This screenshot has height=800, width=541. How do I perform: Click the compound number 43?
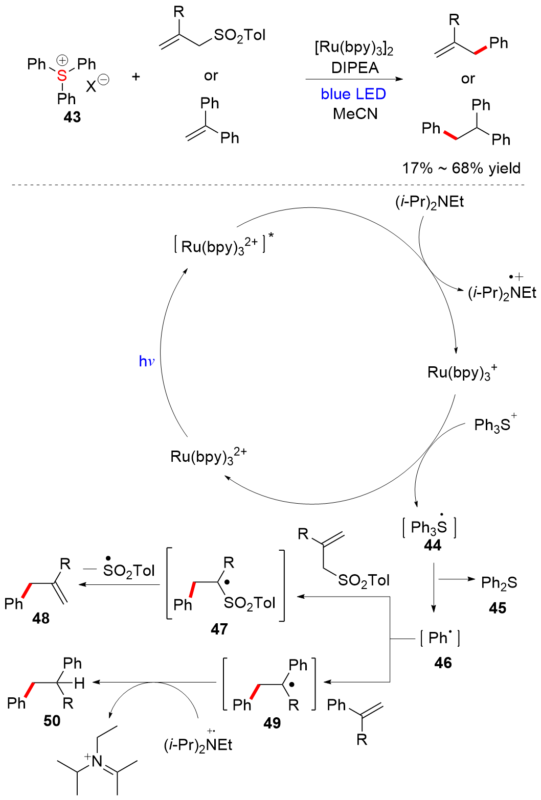point(72,117)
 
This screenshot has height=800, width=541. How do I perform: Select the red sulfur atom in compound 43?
point(62,76)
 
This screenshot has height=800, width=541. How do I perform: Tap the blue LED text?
point(353,94)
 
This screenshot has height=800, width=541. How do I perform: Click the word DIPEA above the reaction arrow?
point(355,68)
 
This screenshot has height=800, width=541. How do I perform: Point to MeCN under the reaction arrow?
point(355,113)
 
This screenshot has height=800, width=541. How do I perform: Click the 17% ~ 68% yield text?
point(461,168)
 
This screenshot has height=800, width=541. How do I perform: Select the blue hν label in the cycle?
point(146,361)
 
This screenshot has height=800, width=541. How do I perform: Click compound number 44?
point(433,546)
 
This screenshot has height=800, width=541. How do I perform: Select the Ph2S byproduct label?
point(499,582)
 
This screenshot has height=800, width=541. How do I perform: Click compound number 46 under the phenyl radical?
point(443,663)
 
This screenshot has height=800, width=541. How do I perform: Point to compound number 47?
point(219,629)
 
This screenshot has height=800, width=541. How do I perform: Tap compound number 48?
point(41,618)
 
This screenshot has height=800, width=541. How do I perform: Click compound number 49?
point(272,723)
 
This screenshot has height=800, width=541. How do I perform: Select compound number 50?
point(52,721)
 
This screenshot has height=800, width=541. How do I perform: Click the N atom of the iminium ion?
point(97,761)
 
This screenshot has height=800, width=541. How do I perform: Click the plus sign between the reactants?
point(136,77)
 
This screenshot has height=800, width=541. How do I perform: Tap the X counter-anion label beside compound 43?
point(91,86)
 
